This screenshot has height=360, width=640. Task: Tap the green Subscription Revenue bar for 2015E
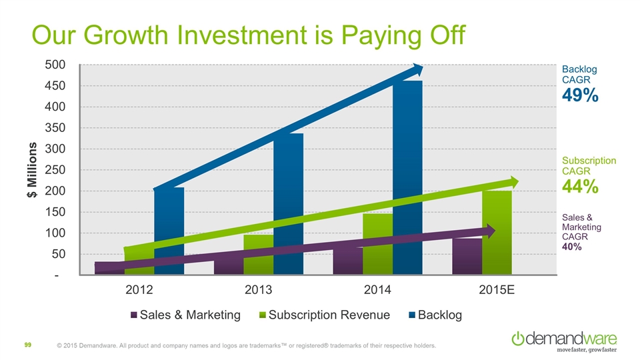pos(497,233)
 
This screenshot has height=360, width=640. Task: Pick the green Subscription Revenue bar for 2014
pos(377,247)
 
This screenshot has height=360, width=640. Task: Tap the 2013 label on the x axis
pos(259,291)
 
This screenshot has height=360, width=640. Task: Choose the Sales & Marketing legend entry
pos(186,315)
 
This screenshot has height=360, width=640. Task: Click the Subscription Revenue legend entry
pos(325,315)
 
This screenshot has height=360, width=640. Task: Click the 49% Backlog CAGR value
pos(580,97)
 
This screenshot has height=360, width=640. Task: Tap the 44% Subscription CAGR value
pos(580,187)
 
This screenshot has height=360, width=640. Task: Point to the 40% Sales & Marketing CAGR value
pos(572,247)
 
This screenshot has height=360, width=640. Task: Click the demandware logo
pos(563,339)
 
